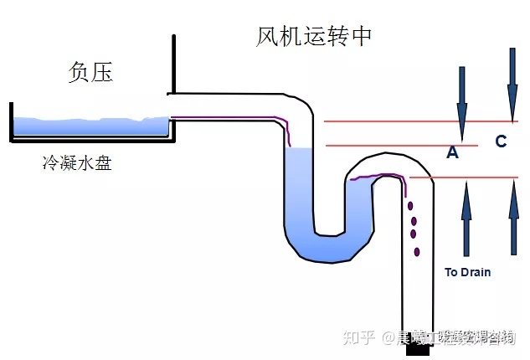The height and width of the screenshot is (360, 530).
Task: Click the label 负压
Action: (x=90, y=72)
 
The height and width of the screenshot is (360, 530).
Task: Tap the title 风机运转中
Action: (x=315, y=37)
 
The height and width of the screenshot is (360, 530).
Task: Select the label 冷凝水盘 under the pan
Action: (x=77, y=163)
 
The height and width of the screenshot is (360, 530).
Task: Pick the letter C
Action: (x=501, y=141)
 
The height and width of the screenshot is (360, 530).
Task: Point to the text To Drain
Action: (x=467, y=272)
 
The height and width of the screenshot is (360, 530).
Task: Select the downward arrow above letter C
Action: (x=512, y=84)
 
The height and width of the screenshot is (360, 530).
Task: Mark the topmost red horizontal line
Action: (x=419, y=121)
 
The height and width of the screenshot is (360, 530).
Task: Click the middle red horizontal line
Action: (x=394, y=146)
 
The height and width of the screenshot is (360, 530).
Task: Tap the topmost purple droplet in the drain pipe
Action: (x=409, y=206)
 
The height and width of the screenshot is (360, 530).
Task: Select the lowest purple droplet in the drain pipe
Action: (x=416, y=250)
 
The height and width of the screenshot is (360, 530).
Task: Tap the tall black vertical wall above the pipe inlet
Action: (x=174, y=64)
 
